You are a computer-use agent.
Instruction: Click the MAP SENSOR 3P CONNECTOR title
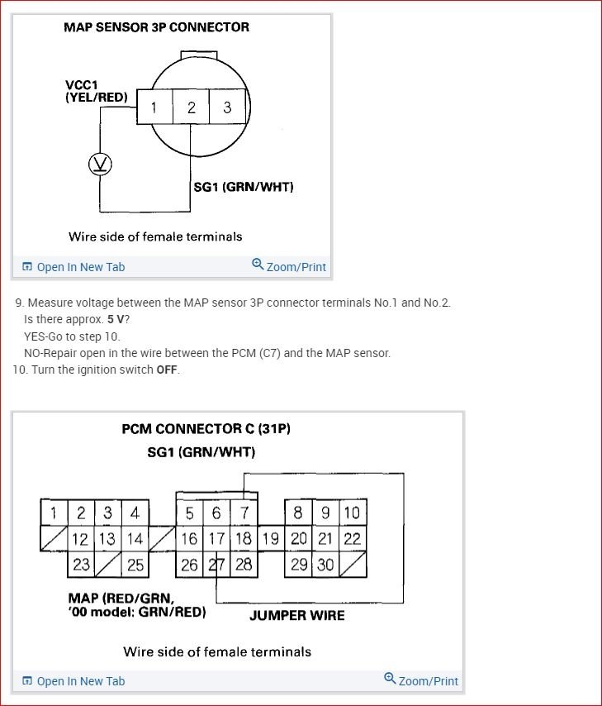pyautogui.click(x=156, y=27)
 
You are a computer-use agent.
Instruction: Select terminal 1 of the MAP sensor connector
pyautogui.click(x=154, y=107)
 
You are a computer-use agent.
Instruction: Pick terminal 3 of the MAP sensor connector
pyautogui.click(x=227, y=107)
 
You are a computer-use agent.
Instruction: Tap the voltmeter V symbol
pyautogui.click(x=101, y=165)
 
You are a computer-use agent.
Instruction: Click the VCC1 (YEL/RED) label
pyautogui.click(x=97, y=91)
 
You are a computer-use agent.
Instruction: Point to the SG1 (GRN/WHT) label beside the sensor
pyautogui.click(x=243, y=187)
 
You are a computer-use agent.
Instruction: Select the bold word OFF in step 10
pyautogui.click(x=167, y=370)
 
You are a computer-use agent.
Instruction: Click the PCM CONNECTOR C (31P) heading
pyautogui.click(x=206, y=429)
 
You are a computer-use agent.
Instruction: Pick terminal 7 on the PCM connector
pyautogui.click(x=244, y=513)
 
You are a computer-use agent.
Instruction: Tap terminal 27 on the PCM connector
pyautogui.click(x=216, y=565)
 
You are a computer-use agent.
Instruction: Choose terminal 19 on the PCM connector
pyautogui.click(x=271, y=539)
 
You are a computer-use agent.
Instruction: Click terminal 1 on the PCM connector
pyautogui.click(x=54, y=513)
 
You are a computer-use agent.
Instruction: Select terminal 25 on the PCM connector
pyautogui.click(x=135, y=565)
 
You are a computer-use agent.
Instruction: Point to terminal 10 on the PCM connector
pyautogui.click(x=352, y=513)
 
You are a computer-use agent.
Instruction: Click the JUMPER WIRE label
pyautogui.click(x=297, y=615)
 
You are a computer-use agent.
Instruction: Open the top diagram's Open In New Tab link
pyautogui.click(x=73, y=267)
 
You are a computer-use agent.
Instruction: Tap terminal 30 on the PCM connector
pyautogui.click(x=325, y=565)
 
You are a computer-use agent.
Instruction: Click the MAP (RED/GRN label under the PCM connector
pyautogui.click(x=121, y=598)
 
